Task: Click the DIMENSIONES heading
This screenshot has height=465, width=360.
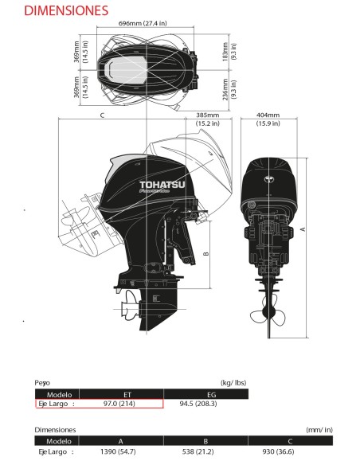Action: pos(55,11)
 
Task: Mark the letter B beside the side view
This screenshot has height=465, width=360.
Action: pos(205,255)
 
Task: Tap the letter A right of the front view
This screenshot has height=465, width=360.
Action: pos(302,229)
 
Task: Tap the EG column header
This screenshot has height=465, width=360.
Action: pos(210,393)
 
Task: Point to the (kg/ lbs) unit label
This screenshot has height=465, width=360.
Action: pos(234,383)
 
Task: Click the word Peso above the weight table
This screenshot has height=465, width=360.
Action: pos(42,383)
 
